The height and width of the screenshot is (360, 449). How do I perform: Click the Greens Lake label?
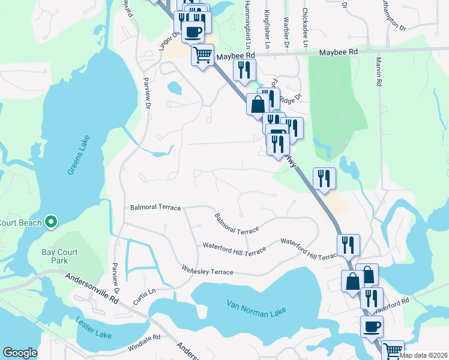[79, 155]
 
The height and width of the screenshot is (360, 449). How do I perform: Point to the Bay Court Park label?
[59, 257]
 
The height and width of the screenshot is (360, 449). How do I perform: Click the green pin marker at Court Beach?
[51, 223]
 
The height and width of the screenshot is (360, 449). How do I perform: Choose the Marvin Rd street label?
[379, 72]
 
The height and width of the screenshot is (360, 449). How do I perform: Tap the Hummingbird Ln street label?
[246, 24]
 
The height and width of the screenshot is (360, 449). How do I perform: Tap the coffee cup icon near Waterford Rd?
[372, 326]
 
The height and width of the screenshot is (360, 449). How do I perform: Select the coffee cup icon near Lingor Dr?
[193, 32]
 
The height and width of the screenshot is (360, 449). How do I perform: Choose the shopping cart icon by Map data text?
[393, 350]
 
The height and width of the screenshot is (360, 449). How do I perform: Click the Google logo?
[20, 353]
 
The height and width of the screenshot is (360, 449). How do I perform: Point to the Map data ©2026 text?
[424, 355]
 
